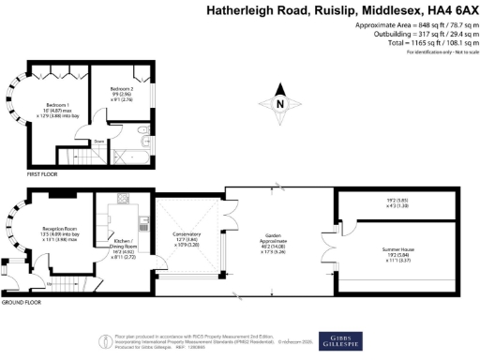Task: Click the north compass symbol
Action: coord(279,104)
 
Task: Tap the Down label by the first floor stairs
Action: coord(97,142)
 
